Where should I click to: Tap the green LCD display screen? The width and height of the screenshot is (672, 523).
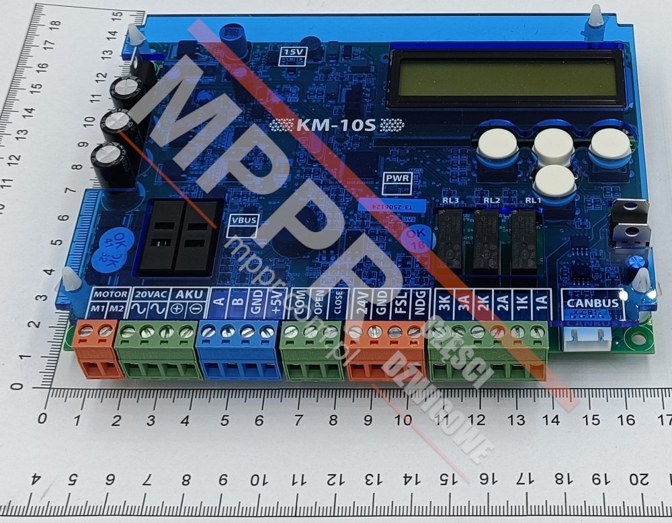507,78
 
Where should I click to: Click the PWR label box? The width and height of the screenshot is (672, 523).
395,179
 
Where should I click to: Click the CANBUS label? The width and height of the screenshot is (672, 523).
592,303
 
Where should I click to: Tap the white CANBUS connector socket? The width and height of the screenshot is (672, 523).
587,339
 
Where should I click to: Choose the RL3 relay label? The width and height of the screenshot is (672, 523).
450,200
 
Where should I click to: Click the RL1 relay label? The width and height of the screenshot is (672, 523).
534,200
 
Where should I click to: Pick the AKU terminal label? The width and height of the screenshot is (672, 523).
187,294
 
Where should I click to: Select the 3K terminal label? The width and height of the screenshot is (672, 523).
443,303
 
